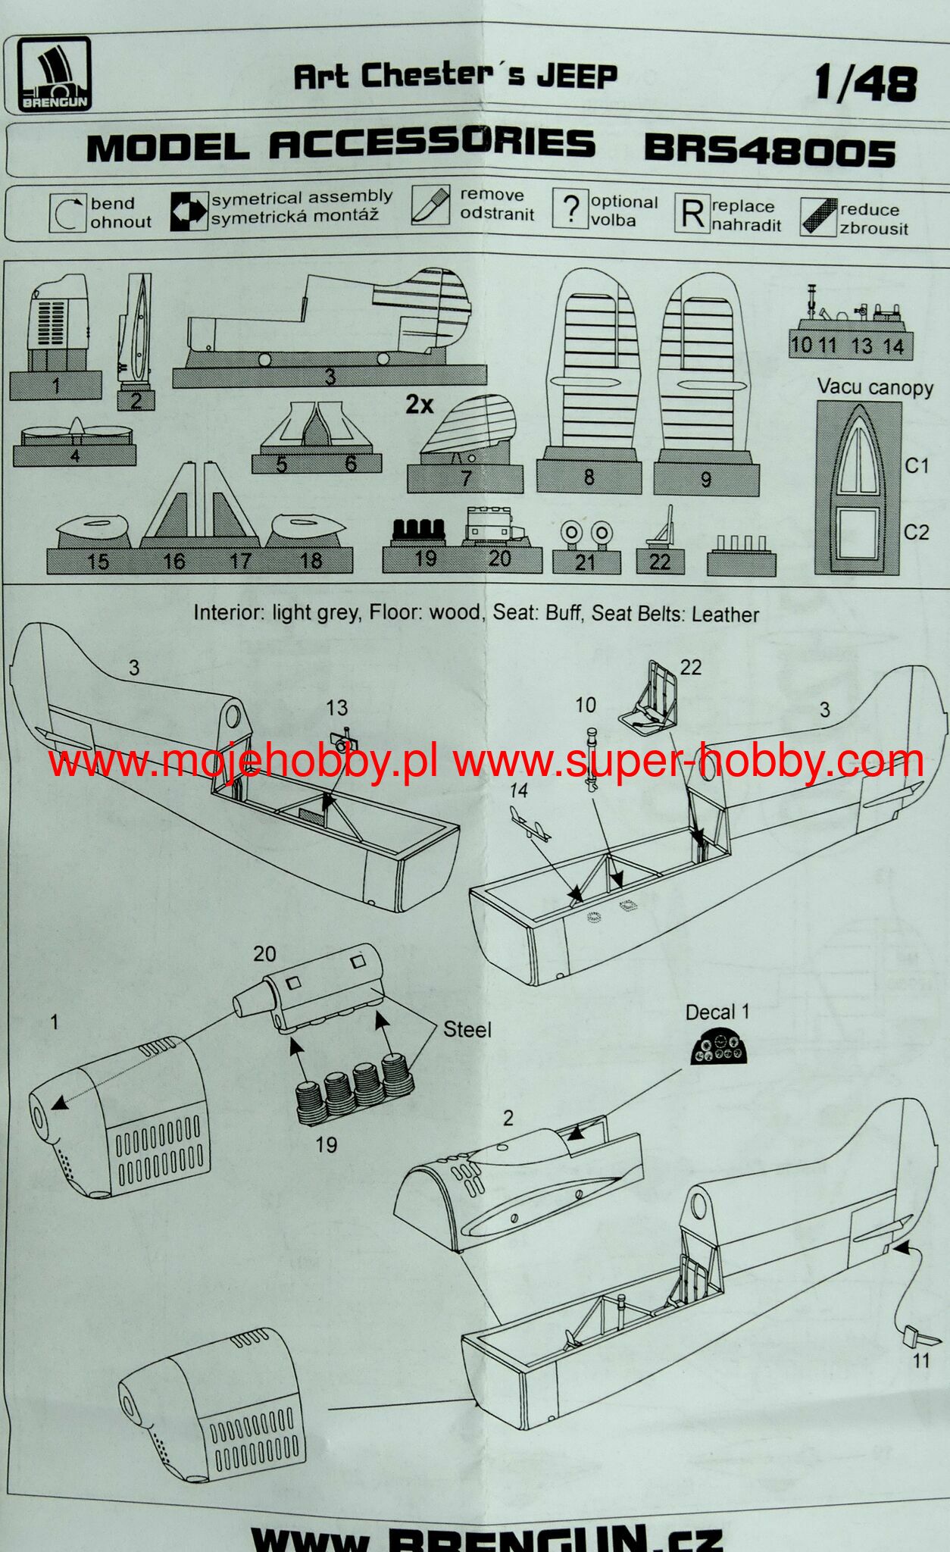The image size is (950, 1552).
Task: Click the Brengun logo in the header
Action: [x=55, y=74]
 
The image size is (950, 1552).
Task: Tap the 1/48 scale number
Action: [x=865, y=83]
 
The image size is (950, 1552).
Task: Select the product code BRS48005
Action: [x=770, y=151]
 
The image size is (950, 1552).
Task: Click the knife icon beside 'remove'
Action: [x=430, y=205]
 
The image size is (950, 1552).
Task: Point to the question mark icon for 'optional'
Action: [x=571, y=208]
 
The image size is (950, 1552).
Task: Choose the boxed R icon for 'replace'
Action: [x=692, y=214]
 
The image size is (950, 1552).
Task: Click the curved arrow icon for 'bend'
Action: [x=67, y=213]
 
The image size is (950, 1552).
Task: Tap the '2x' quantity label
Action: [x=419, y=405]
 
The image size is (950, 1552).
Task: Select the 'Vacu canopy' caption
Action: [x=874, y=387]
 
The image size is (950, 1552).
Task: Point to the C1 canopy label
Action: [x=917, y=465]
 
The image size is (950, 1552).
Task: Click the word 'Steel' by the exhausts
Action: [x=467, y=1029]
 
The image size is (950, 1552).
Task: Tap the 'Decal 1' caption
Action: [x=717, y=1012]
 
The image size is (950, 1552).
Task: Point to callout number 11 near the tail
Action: [x=920, y=1360]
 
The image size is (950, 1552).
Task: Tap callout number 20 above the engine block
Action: [x=264, y=953]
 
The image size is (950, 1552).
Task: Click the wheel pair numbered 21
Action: [x=586, y=537]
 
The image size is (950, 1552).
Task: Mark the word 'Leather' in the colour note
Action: [x=725, y=614]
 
